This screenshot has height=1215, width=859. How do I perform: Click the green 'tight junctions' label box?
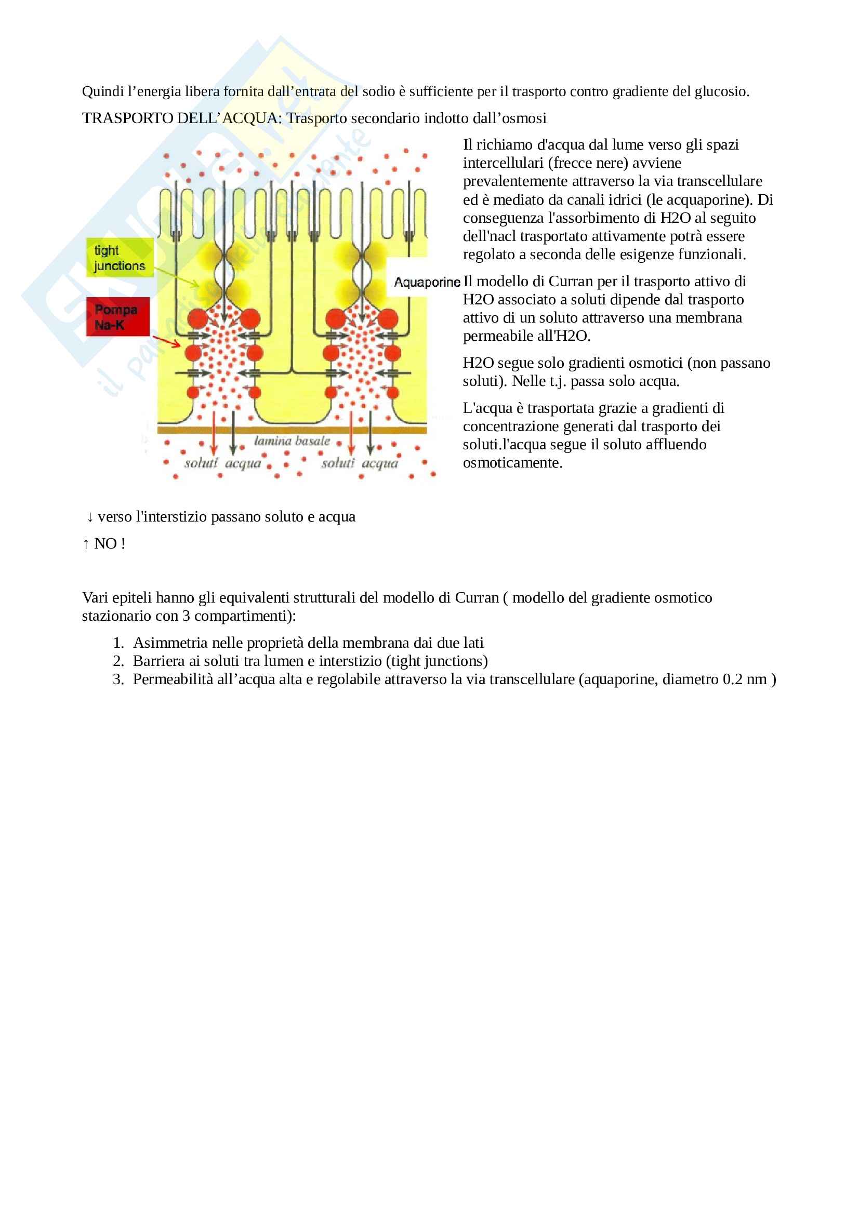pos(120,258)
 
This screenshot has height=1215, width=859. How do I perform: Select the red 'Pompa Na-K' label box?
pos(117,316)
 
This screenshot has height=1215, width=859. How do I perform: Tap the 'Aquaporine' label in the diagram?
pos(427,282)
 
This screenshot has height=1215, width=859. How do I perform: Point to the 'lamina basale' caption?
pos(292,441)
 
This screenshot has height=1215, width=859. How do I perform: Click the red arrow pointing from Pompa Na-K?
pos(167,341)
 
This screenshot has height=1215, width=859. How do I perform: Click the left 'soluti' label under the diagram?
pos(201,463)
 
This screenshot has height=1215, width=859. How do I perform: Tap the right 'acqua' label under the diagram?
pos(380,463)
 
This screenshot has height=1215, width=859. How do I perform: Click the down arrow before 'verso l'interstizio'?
pos(90,516)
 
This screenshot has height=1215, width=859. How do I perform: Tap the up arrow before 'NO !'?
pos(86,543)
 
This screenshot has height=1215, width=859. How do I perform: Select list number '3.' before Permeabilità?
pos(118,679)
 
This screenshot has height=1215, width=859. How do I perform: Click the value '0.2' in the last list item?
pos(733,679)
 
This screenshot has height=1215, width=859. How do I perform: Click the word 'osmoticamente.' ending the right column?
pos(512,462)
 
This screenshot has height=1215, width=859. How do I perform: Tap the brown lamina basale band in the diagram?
pos(292,430)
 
